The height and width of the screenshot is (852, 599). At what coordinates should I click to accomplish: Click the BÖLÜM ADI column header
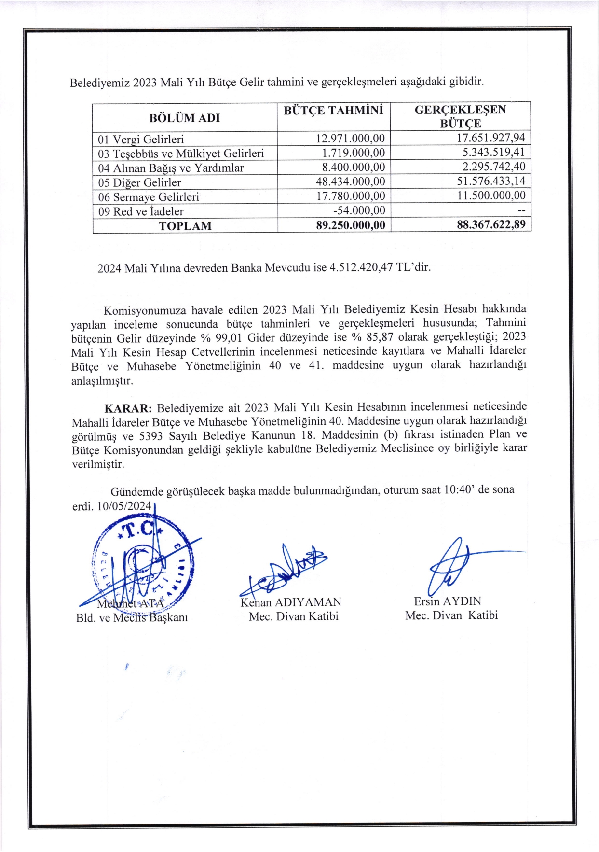[x=184, y=118]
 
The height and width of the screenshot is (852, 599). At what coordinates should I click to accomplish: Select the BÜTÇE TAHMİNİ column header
[x=333, y=111]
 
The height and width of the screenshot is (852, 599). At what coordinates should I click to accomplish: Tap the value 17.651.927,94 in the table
[x=491, y=138]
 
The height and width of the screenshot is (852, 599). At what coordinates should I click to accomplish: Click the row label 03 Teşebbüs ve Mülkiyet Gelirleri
[x=181, y=154]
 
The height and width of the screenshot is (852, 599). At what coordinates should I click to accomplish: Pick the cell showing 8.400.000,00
[x=351, y=168]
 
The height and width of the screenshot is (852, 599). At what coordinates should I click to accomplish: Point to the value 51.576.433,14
[x=491, y=182]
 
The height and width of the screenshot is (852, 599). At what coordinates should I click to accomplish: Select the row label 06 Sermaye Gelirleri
[x=149, y=197]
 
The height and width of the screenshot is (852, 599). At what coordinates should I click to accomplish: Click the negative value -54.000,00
[x=359, y=210]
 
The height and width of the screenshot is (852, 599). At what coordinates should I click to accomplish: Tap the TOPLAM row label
[x=185, y=226]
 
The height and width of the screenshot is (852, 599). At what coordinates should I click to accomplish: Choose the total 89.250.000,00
[x=351, y=225]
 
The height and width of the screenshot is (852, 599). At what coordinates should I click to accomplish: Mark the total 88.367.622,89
[x=491, y=224]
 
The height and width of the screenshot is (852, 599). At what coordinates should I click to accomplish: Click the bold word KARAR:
[x=128, y=408]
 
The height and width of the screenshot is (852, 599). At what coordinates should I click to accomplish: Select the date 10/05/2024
[x=124, y=506]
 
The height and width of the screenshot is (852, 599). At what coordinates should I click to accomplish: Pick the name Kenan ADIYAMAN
[x=291, y=602]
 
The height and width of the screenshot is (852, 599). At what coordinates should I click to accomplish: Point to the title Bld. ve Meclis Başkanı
[x=132, y=618]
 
